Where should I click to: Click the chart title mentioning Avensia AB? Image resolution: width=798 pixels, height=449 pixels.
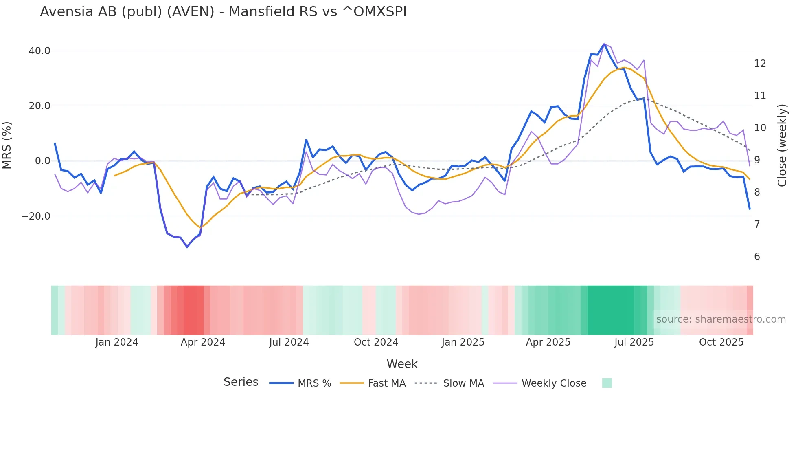point(223,12)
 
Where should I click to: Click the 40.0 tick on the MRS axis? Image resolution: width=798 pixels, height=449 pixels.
point(39,51)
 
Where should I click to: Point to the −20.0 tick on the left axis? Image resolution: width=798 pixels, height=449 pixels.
point(36,216)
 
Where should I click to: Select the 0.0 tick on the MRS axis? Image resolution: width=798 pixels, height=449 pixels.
point(43,161)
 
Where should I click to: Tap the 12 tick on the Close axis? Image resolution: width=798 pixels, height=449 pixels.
point(760,64)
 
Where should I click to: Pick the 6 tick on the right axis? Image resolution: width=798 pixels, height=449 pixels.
point(757,257)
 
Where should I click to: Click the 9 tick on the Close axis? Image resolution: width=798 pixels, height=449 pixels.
point(757,160)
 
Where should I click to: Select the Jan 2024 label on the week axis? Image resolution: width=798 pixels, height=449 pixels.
point(117,342)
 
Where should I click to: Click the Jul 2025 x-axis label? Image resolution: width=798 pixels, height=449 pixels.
point(634,342)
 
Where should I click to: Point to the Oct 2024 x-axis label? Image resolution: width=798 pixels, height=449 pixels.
point(376,342)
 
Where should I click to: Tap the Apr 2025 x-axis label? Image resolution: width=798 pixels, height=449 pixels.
point(548,342)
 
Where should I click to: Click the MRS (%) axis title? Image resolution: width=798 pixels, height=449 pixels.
point(7,145)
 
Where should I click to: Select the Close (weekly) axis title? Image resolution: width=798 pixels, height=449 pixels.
point(782,145)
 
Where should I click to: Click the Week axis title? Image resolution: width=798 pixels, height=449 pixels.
point(402,364)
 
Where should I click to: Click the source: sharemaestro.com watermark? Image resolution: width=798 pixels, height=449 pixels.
point(721,319)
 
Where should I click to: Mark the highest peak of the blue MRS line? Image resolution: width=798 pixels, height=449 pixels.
point(604,44)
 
